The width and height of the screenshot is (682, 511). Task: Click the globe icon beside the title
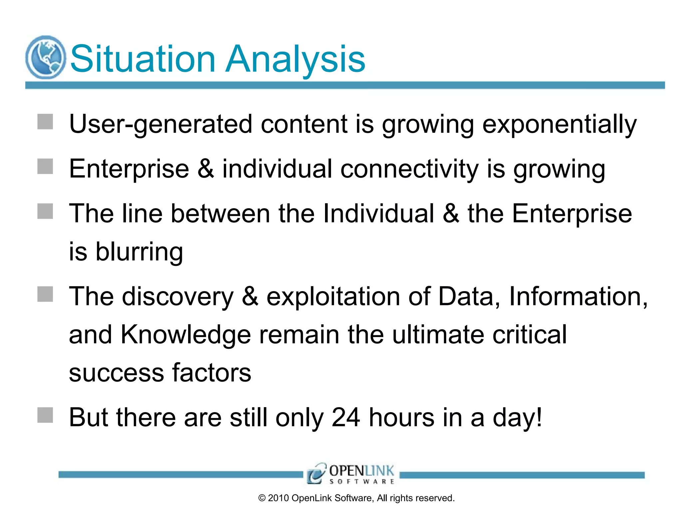pos(46,57)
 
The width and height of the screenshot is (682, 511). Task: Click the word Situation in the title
pos(143,59)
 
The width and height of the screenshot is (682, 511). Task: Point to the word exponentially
pos(559,124)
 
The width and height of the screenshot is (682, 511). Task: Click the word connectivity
pos(409,169)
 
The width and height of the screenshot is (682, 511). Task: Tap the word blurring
pos(139,252)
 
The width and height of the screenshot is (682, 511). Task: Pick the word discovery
pos(178,296)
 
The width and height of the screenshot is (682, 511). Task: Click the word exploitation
pos(333,296)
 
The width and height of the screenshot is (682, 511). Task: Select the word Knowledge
pos(185,335)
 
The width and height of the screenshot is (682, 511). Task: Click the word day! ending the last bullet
pos(517,418)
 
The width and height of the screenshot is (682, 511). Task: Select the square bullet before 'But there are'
pos(45,415)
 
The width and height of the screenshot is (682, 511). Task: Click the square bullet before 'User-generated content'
pos(45,122)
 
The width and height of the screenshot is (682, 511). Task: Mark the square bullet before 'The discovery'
pos(45,294)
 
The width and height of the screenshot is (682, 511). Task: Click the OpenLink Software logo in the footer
pos(351,474)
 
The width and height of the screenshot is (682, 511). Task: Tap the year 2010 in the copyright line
pos(278,498)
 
